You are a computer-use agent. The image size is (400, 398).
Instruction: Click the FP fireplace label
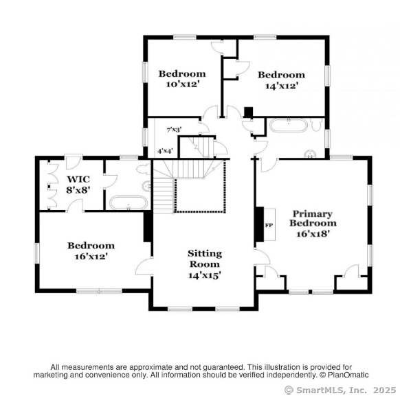point(269,225)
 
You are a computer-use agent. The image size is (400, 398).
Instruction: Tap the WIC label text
point(78,179)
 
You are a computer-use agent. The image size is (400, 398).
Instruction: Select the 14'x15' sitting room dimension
point(205,275)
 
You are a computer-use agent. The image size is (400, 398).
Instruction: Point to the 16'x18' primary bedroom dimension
point(312,233)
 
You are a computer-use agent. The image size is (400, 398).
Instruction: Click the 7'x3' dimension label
point(174,130)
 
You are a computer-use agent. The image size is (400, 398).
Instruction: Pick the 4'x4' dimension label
point(166,151)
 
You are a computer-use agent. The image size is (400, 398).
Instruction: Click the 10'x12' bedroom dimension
point(182,84)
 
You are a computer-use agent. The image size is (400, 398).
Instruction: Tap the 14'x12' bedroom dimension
point(281,86)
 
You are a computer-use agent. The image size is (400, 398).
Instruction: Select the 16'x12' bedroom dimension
point(91,256)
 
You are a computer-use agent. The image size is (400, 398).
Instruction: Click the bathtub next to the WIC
point(129,202)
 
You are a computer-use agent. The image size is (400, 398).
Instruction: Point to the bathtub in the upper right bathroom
point(289,126)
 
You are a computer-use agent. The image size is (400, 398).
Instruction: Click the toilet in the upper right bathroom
point(316,125)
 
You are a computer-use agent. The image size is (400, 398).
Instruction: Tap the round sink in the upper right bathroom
point(310,154)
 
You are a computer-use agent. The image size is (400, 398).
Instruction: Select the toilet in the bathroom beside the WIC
point(143,169)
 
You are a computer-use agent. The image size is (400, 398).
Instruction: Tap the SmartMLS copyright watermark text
point(340,390)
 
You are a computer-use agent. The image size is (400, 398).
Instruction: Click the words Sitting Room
point(205,259)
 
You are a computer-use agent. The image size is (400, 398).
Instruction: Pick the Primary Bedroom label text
point(313,218)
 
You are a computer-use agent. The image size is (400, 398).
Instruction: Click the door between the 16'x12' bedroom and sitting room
point(144,266)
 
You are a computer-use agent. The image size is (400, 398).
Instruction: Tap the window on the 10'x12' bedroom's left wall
point(144,72)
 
